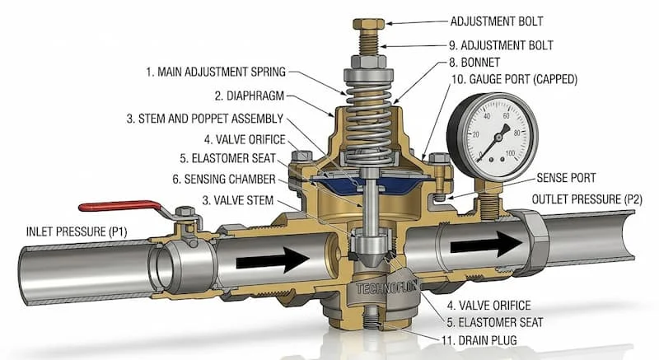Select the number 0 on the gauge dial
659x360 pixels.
pyautogui.click(x=480, y=153)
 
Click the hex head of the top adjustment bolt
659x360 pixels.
pyautogui.click(x=368, y=24)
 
